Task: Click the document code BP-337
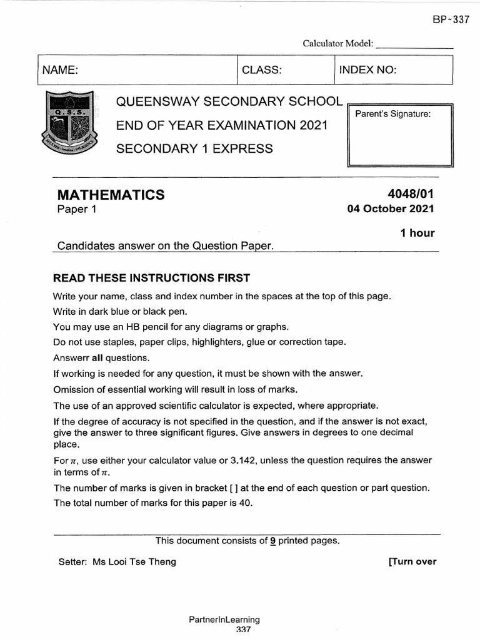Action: pos(450,19)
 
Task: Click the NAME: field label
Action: pos(59,70)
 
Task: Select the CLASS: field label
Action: pos(262,70)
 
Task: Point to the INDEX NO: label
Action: pos(367,70)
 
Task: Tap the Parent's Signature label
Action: pos(393,114)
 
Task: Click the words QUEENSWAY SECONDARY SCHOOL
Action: pos(229,102)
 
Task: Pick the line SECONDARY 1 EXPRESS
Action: pos(195,148)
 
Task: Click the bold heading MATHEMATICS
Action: pos(111,195)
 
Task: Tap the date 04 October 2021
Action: pos(391,209)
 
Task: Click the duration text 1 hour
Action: pos(417,233)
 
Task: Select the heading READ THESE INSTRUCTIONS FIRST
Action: pos(151,278)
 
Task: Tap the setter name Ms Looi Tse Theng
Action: pos(134,562)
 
